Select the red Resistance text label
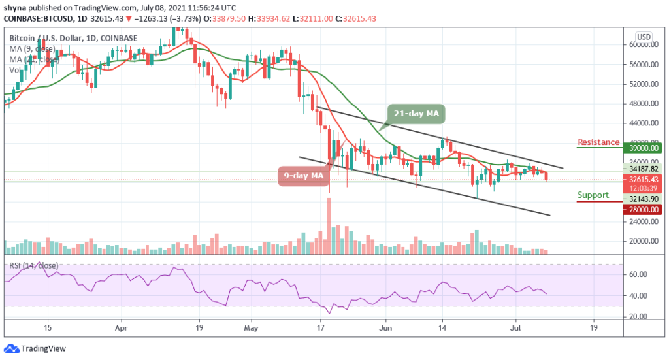point(598,142)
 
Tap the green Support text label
point(593,195)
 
